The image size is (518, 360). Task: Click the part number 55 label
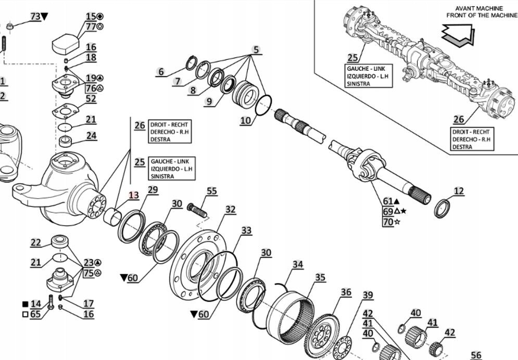pos(211,191)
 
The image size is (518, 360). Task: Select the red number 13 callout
pos(134,196)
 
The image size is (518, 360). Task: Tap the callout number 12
pos(458,191)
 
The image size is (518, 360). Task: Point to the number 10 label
pos(246,120)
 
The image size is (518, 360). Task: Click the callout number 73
pos(35,17)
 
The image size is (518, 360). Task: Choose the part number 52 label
pos(91,99)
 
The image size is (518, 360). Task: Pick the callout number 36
pos(346,292)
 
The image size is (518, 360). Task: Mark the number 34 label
pos(297,265)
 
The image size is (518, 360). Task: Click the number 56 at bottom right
pos(476,355)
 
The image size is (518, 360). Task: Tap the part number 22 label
pos(35,242)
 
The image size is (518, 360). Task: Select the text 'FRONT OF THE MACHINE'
pos(482,16)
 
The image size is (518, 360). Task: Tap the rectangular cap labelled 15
pos(65,42)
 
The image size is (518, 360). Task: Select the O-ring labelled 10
pos(263,105)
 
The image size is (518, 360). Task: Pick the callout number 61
pos(388,201)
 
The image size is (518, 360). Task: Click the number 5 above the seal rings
pos(256,50)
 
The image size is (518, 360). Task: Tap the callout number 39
pos(368,295)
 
